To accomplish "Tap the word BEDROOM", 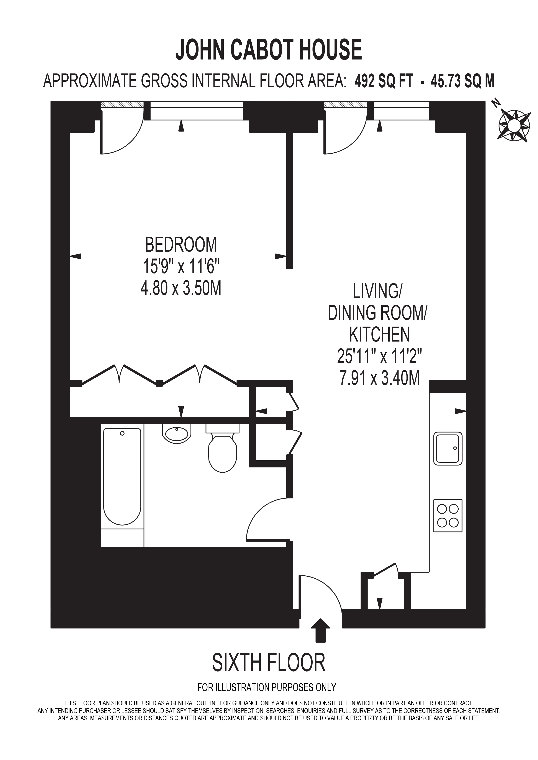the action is click(181, 245).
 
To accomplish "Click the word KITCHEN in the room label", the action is click(380, 335).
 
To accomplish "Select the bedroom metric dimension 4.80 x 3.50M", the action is click(181, 288).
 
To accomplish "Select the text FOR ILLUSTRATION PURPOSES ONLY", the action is click(267, 697).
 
